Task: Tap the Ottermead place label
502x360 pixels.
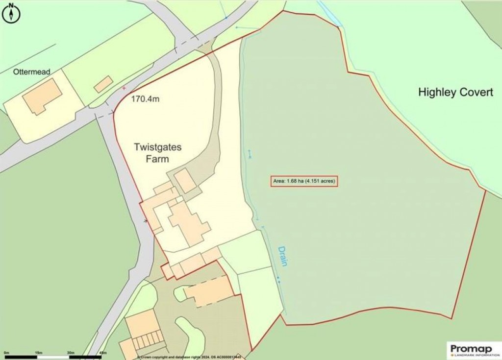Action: (x=32, y=72)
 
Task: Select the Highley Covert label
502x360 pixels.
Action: (x=455, y=92)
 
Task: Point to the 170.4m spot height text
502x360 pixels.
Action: (x=145, y=99)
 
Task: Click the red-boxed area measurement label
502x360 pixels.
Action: (x=304, y=182)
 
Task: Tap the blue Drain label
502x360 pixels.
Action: (x=283, y=256)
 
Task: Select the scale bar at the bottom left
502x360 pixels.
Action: (x=54, y=356)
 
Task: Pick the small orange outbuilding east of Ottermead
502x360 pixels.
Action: (x=103, y=84)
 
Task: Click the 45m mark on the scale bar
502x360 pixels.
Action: (x=103, y=353)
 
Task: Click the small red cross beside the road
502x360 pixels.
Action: (x=124, y=88)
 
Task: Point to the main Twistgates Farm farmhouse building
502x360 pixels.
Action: (x=189, y=223)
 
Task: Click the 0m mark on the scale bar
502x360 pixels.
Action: (x=6, y=353)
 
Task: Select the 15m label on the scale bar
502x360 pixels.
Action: (x=39, y=353)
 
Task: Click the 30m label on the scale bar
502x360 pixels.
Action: (x=71, y=353)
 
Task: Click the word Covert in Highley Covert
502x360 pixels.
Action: (x=474, y=92)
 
